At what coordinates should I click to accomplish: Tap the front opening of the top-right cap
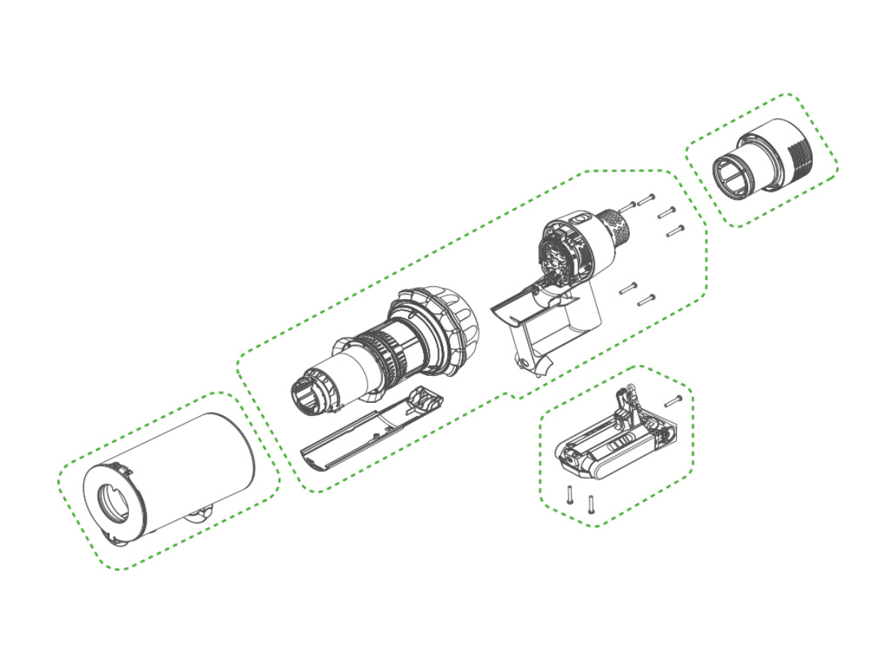pos(732,177)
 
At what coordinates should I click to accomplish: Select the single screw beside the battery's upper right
pos(673,400)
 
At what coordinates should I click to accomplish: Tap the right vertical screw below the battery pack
pos(591,503)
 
